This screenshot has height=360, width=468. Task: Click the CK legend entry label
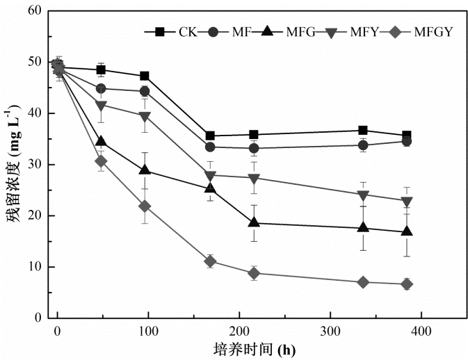tap(187, 31)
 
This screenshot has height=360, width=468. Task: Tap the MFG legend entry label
tap(305, 31)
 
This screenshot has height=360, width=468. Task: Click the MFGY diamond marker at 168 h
tap(210, 261)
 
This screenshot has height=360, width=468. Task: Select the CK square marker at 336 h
tap(363, 130)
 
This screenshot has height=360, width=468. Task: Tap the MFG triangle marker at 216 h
tap(254, 223)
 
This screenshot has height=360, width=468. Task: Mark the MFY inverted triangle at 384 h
tap(407, 201)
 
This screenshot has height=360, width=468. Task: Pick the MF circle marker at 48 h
tap(101, 89)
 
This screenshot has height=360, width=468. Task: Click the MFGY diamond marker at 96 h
tap(145, 206)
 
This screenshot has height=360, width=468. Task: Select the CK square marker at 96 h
tap(145, 76)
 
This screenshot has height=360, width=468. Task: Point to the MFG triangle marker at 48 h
tap(101, 142)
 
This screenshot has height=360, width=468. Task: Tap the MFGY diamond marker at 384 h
tap(407, 284)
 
